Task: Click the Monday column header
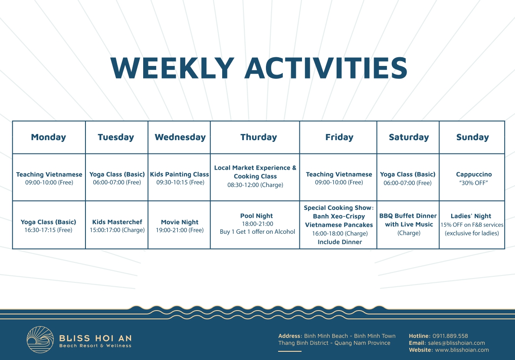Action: tap(49, 137)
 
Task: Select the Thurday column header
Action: tap(259, 137)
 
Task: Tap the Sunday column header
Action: tap(472, 137)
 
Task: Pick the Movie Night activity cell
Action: tap(179, 226)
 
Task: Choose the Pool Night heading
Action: tap(256, 216)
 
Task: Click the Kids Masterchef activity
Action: tap(117, 226)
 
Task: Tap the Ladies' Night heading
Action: tap(471, 216)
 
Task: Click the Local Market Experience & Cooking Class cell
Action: tap(255, 177)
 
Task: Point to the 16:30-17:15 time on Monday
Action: tap(48, 230)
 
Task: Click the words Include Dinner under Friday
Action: tap(340, 242)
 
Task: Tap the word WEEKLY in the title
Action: tap(172, 68)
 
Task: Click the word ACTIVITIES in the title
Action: tap(326, 68)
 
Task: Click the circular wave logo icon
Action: tap(40, 340)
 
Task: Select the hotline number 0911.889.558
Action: tap(450, 336)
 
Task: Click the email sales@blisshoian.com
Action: tap(456, 343)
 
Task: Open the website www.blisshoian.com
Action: tap(462, 350)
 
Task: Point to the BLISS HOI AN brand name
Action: tap(95, 338)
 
